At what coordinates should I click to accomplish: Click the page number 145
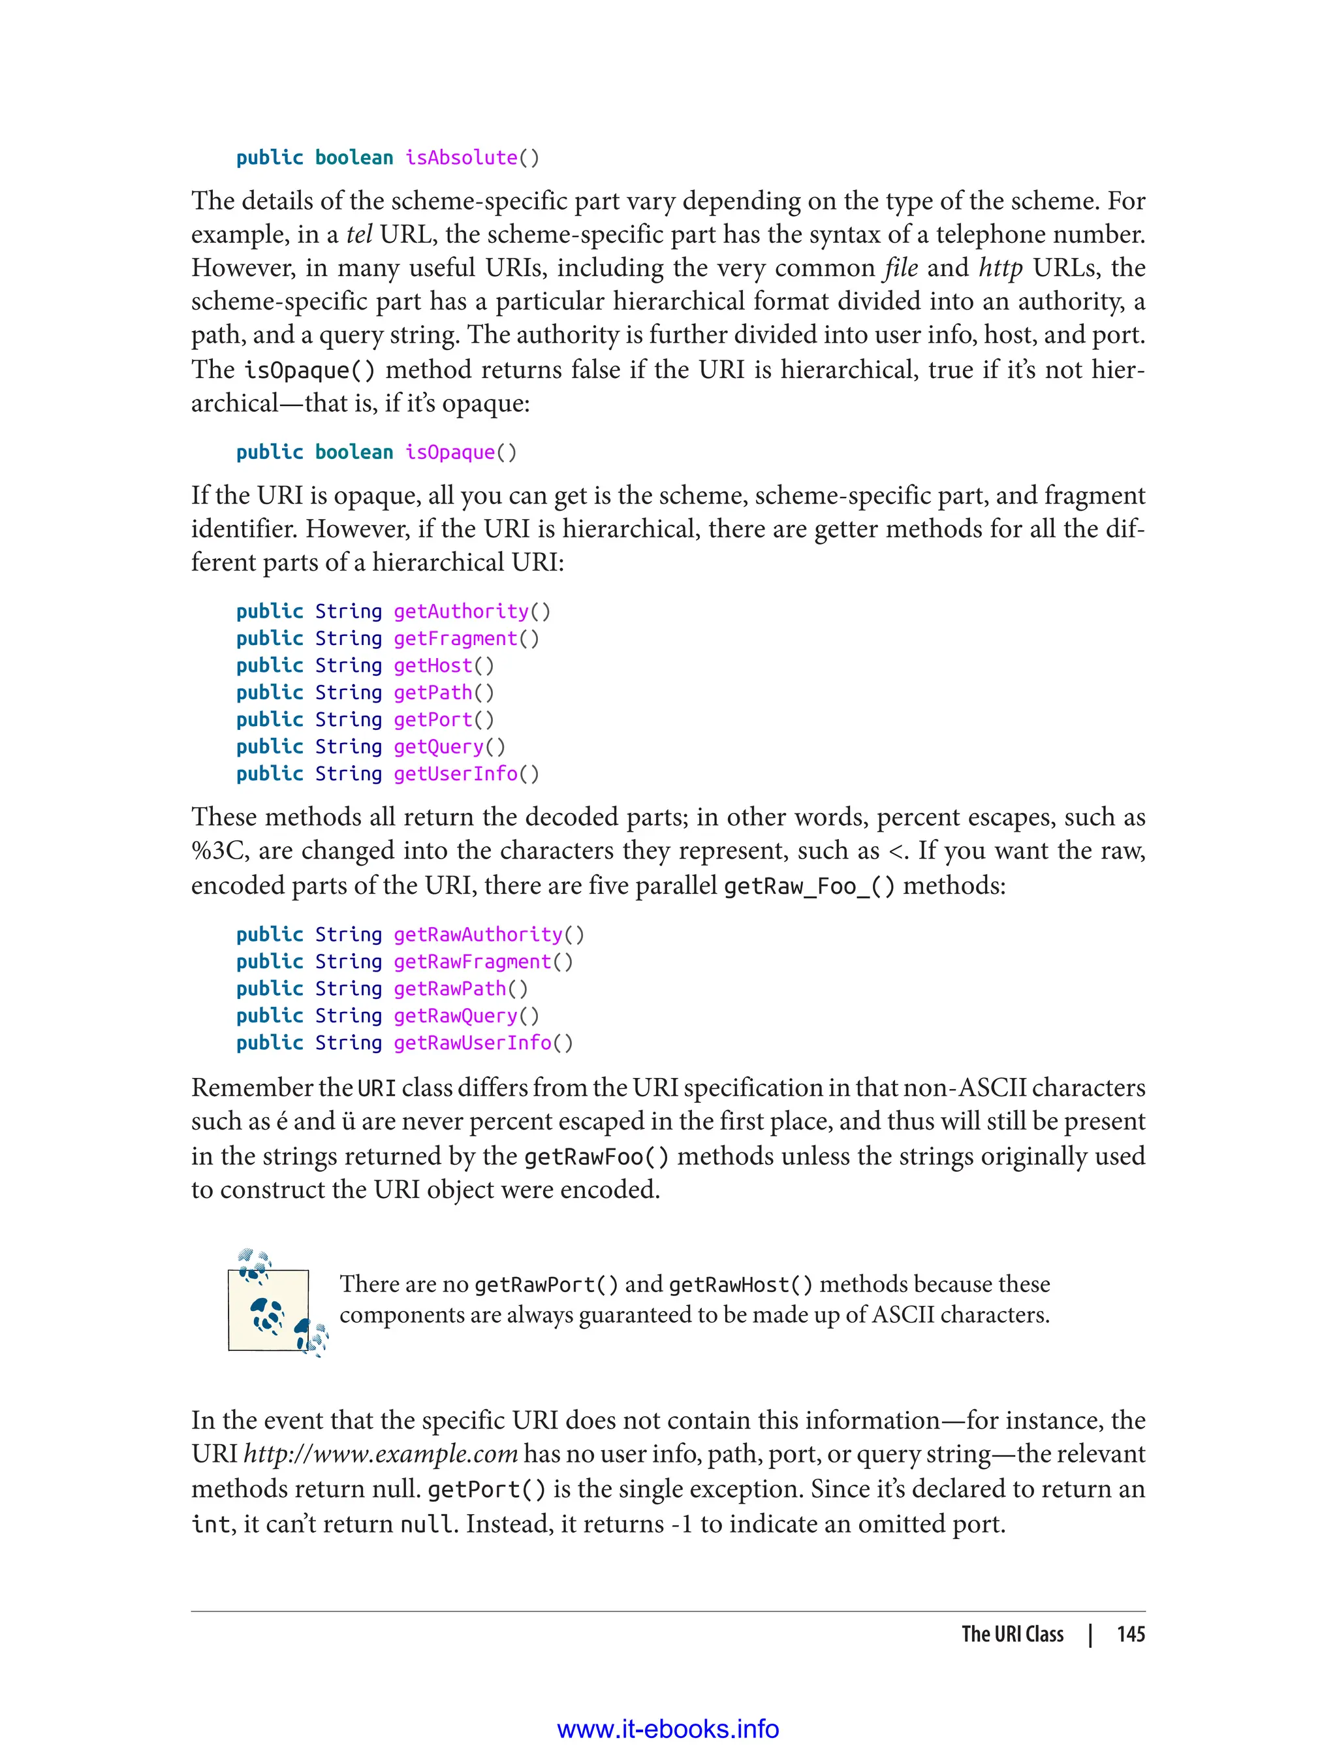click(1130, 1634)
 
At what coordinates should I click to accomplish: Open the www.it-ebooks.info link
click(668, 1729)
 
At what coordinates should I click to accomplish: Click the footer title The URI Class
click(1013, 1634)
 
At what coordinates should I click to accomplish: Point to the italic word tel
click(359, 234)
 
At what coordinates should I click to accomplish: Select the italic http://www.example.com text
click(381, 1453)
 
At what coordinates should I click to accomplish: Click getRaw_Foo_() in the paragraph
click(809, 886)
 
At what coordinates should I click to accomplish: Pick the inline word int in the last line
click(211, 1523)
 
